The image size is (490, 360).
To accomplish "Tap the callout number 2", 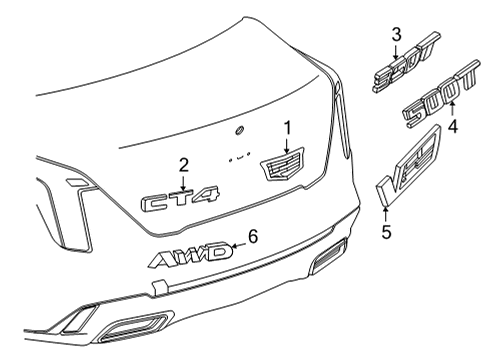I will [183, 164].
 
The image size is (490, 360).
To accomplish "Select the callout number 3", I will [396, 36].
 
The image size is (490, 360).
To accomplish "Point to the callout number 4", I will [452, 127].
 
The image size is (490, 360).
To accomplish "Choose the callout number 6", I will [253, 237].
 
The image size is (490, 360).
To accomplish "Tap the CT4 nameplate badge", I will [180, 201].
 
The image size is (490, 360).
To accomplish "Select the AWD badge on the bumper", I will [190, 258].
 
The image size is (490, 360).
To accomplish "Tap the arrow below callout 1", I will [286, 144].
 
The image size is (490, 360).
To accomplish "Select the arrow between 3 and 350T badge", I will [396, 51].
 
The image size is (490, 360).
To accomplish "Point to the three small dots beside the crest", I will [237, 157].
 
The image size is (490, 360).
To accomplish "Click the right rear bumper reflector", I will [327, 263].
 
